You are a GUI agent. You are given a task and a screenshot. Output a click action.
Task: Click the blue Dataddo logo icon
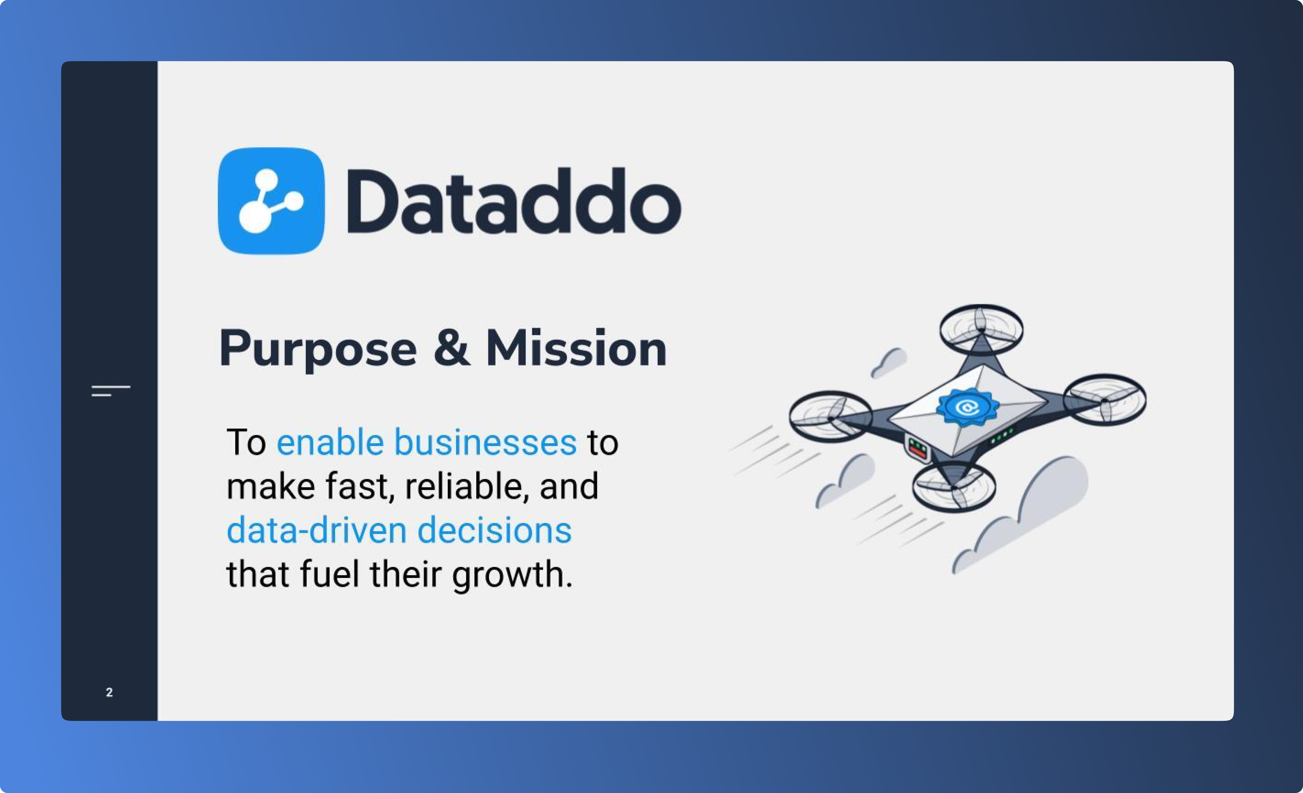271,201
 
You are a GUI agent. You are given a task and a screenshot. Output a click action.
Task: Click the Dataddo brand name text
514,201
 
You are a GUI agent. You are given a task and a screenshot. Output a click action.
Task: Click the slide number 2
109,692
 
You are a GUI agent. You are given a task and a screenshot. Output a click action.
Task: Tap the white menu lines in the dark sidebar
111,391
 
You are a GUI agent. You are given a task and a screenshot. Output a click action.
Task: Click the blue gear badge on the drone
967,407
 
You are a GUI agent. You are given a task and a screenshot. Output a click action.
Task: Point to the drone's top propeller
981,329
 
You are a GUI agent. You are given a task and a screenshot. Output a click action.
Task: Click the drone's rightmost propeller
1105,400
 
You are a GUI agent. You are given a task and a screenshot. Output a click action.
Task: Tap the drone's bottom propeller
954,487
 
